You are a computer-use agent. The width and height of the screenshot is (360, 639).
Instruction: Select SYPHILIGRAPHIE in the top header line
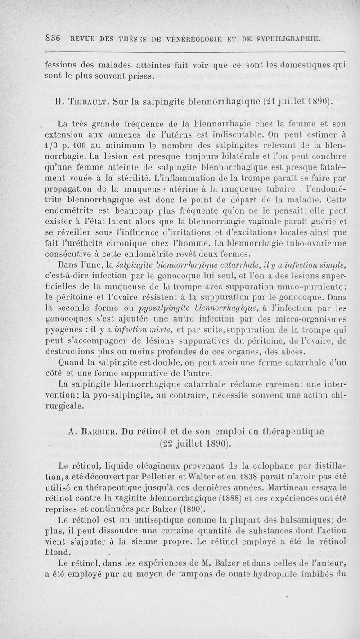pos(284,39)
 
